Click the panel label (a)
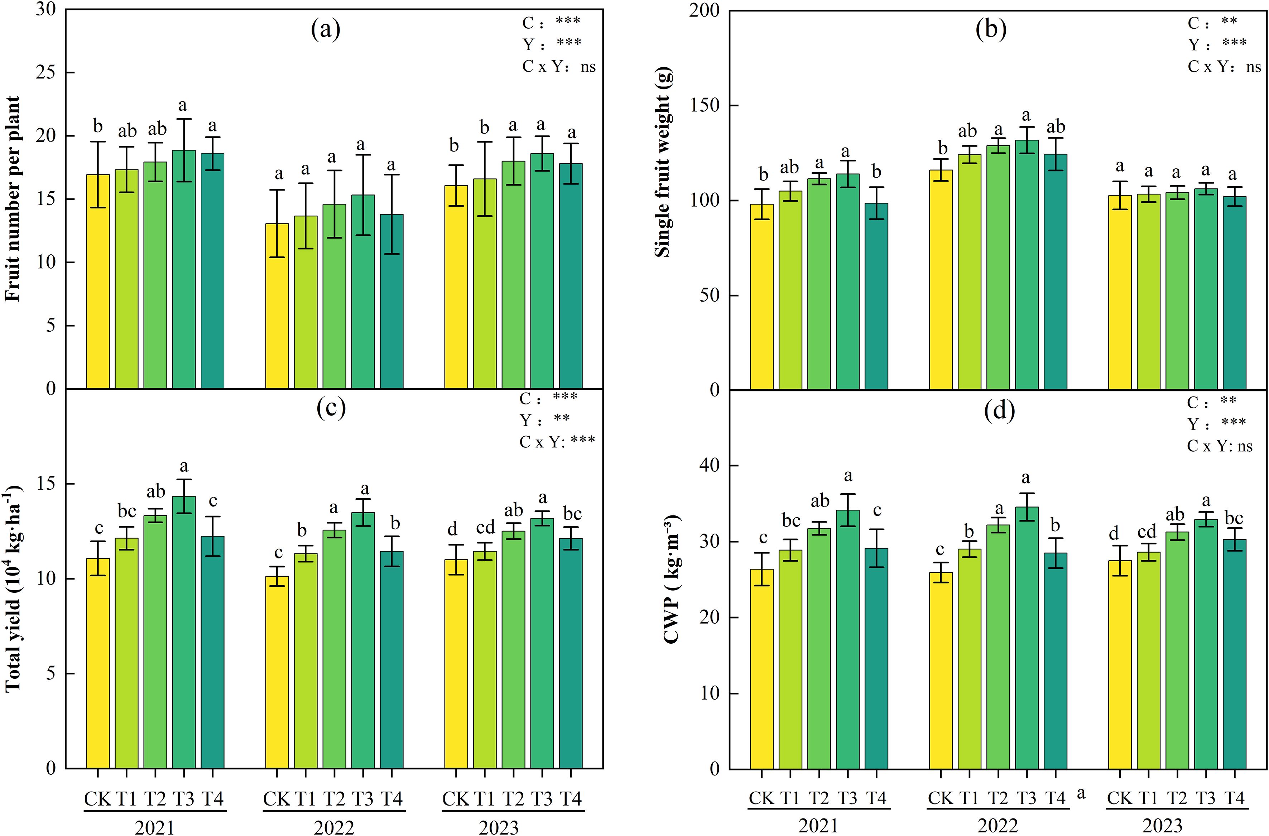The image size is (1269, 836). pos(325,31)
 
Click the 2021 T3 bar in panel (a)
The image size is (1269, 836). pos(183,269)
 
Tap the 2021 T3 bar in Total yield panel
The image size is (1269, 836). pos(183,632)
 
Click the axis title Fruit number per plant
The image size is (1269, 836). pos(13,199)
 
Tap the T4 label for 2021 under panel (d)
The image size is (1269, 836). pos(875,798)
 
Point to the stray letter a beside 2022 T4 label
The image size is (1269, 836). pos(1081,794)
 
